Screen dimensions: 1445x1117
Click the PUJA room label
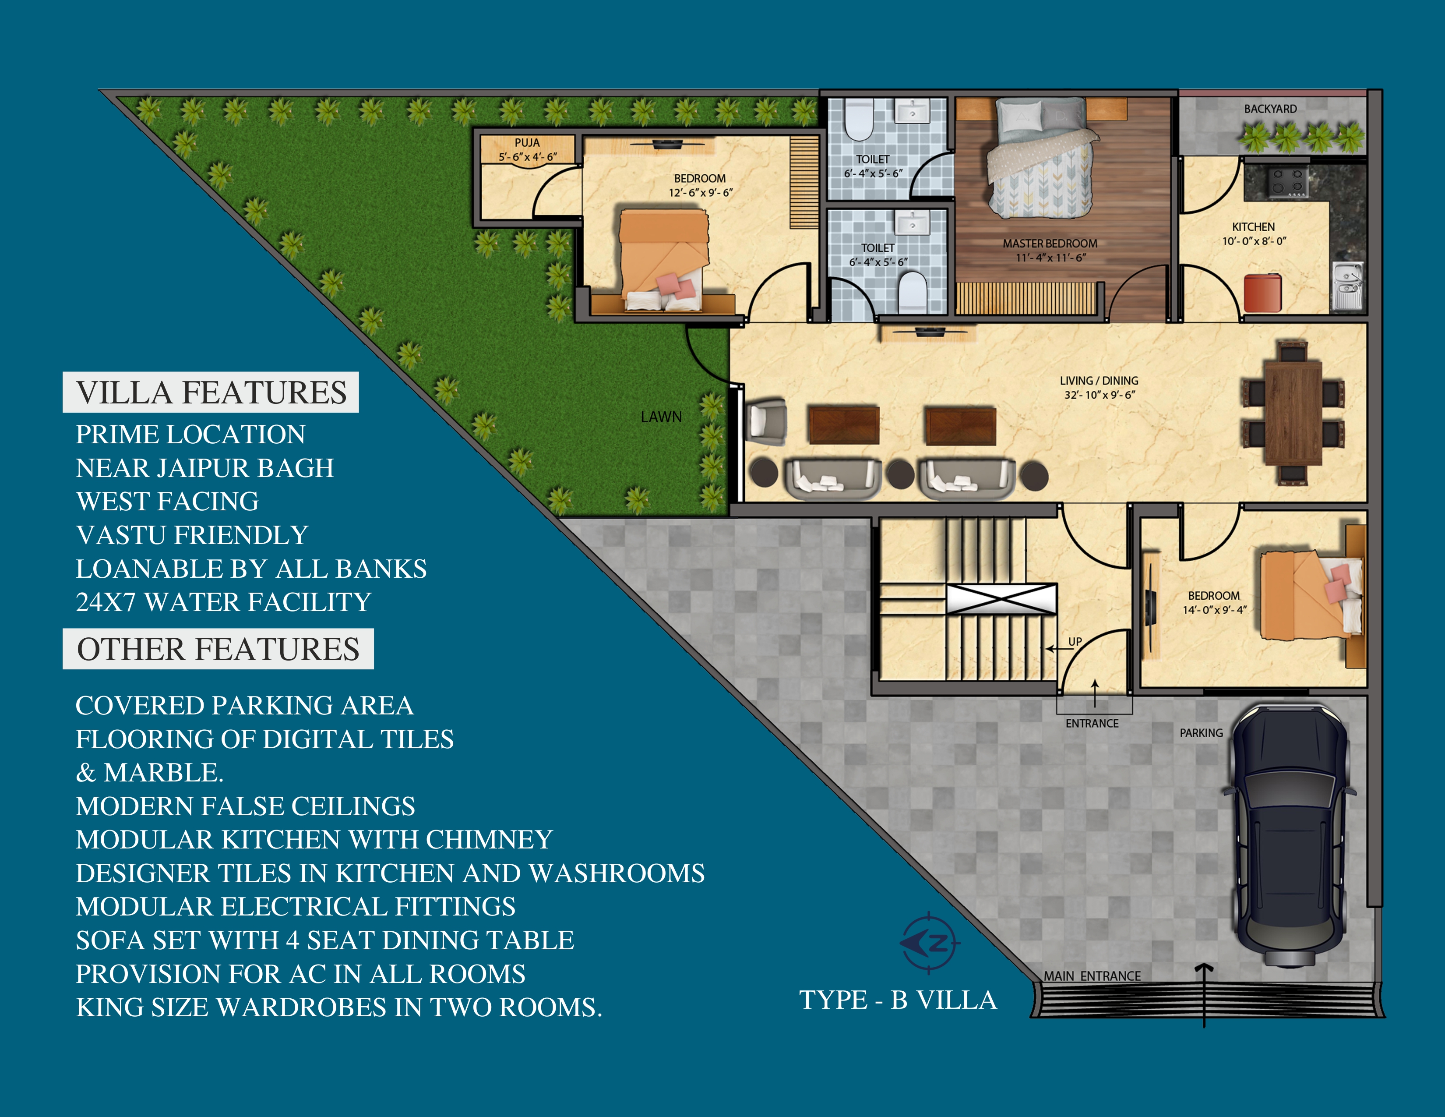click(527, 143)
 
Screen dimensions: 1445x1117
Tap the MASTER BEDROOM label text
click(1050, 244)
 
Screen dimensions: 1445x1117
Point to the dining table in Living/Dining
click(1293, 414)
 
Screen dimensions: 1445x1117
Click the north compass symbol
click(930, 943)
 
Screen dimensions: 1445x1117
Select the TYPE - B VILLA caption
click(898, 1000)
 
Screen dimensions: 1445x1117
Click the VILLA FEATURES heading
click(211, 392)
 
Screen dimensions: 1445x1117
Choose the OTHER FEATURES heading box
click(219, 648)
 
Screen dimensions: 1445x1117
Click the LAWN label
click(661, 417)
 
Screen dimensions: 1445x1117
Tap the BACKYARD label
click(1270, 109)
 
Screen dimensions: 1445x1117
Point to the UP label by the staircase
click(1075, 641)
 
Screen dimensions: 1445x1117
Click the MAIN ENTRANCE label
click(1093, 976)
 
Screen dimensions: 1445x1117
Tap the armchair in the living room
click(766, 421)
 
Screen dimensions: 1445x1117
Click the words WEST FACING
click(167, 502)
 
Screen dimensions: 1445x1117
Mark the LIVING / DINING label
click(1099, 381)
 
